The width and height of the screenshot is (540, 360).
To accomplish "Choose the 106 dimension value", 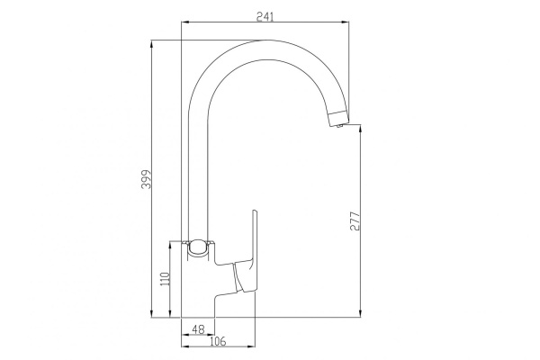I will (x=217, y=340).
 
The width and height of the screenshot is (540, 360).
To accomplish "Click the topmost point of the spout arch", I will (x=261, y=40).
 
